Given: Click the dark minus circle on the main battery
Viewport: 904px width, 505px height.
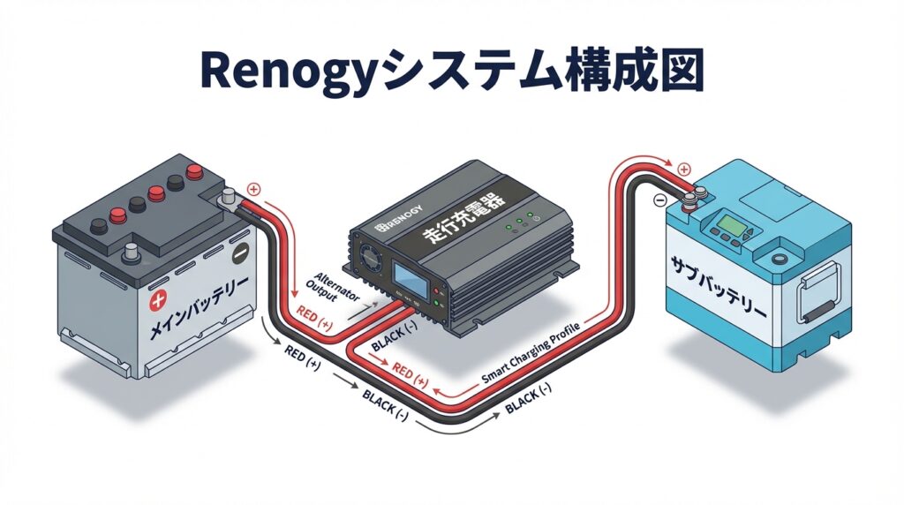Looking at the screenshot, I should click(238, 253).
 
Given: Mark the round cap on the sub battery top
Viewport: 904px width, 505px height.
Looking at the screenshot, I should click(780, 258).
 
